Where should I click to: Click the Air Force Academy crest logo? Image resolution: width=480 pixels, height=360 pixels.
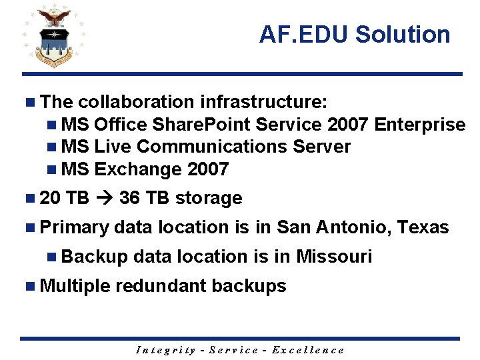click(x=53, y=37)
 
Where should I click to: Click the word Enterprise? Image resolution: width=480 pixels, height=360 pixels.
click(x=420, y=125)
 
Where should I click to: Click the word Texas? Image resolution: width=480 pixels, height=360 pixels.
click(x=423, y=227)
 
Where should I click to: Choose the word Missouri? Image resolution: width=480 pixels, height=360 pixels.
click(x=334, y=257)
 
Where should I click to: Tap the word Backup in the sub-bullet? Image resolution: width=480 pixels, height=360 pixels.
click(x=94, y=257)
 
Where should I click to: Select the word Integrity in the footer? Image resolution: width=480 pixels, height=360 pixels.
click(x=165, y=350)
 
